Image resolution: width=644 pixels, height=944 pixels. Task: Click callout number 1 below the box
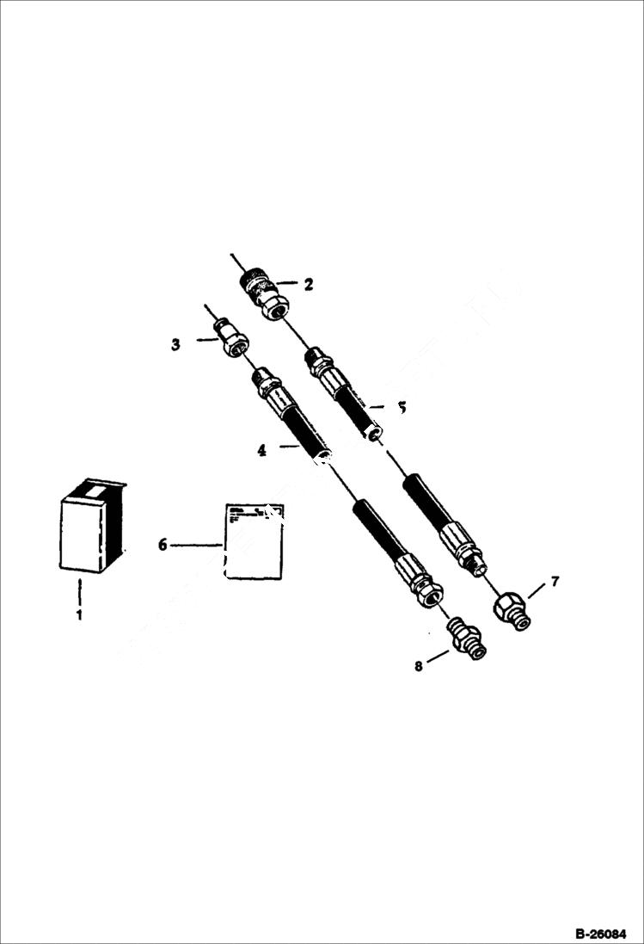pyautogui.click(x=78, y=615)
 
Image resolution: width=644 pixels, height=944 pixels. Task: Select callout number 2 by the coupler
pyautogui.click(x=309, y=281)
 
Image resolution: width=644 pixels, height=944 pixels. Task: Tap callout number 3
pyautogui.click(x=175, y=344)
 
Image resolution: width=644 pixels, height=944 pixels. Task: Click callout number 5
pyautogui.click(x=401, y=407)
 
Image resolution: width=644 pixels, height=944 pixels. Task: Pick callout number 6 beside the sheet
pyautogui.click(x=162, y=544)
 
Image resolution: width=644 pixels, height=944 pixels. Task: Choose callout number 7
pyautogui.click(x=555, y=582)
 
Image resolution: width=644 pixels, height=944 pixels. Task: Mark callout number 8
pyautogui.click(x=419, y=665)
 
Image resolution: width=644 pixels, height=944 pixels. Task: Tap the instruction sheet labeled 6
pyautogui.click(x=254, y=541)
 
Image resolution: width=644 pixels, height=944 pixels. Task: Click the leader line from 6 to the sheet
pyautogui.click(x=196, y=544)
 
